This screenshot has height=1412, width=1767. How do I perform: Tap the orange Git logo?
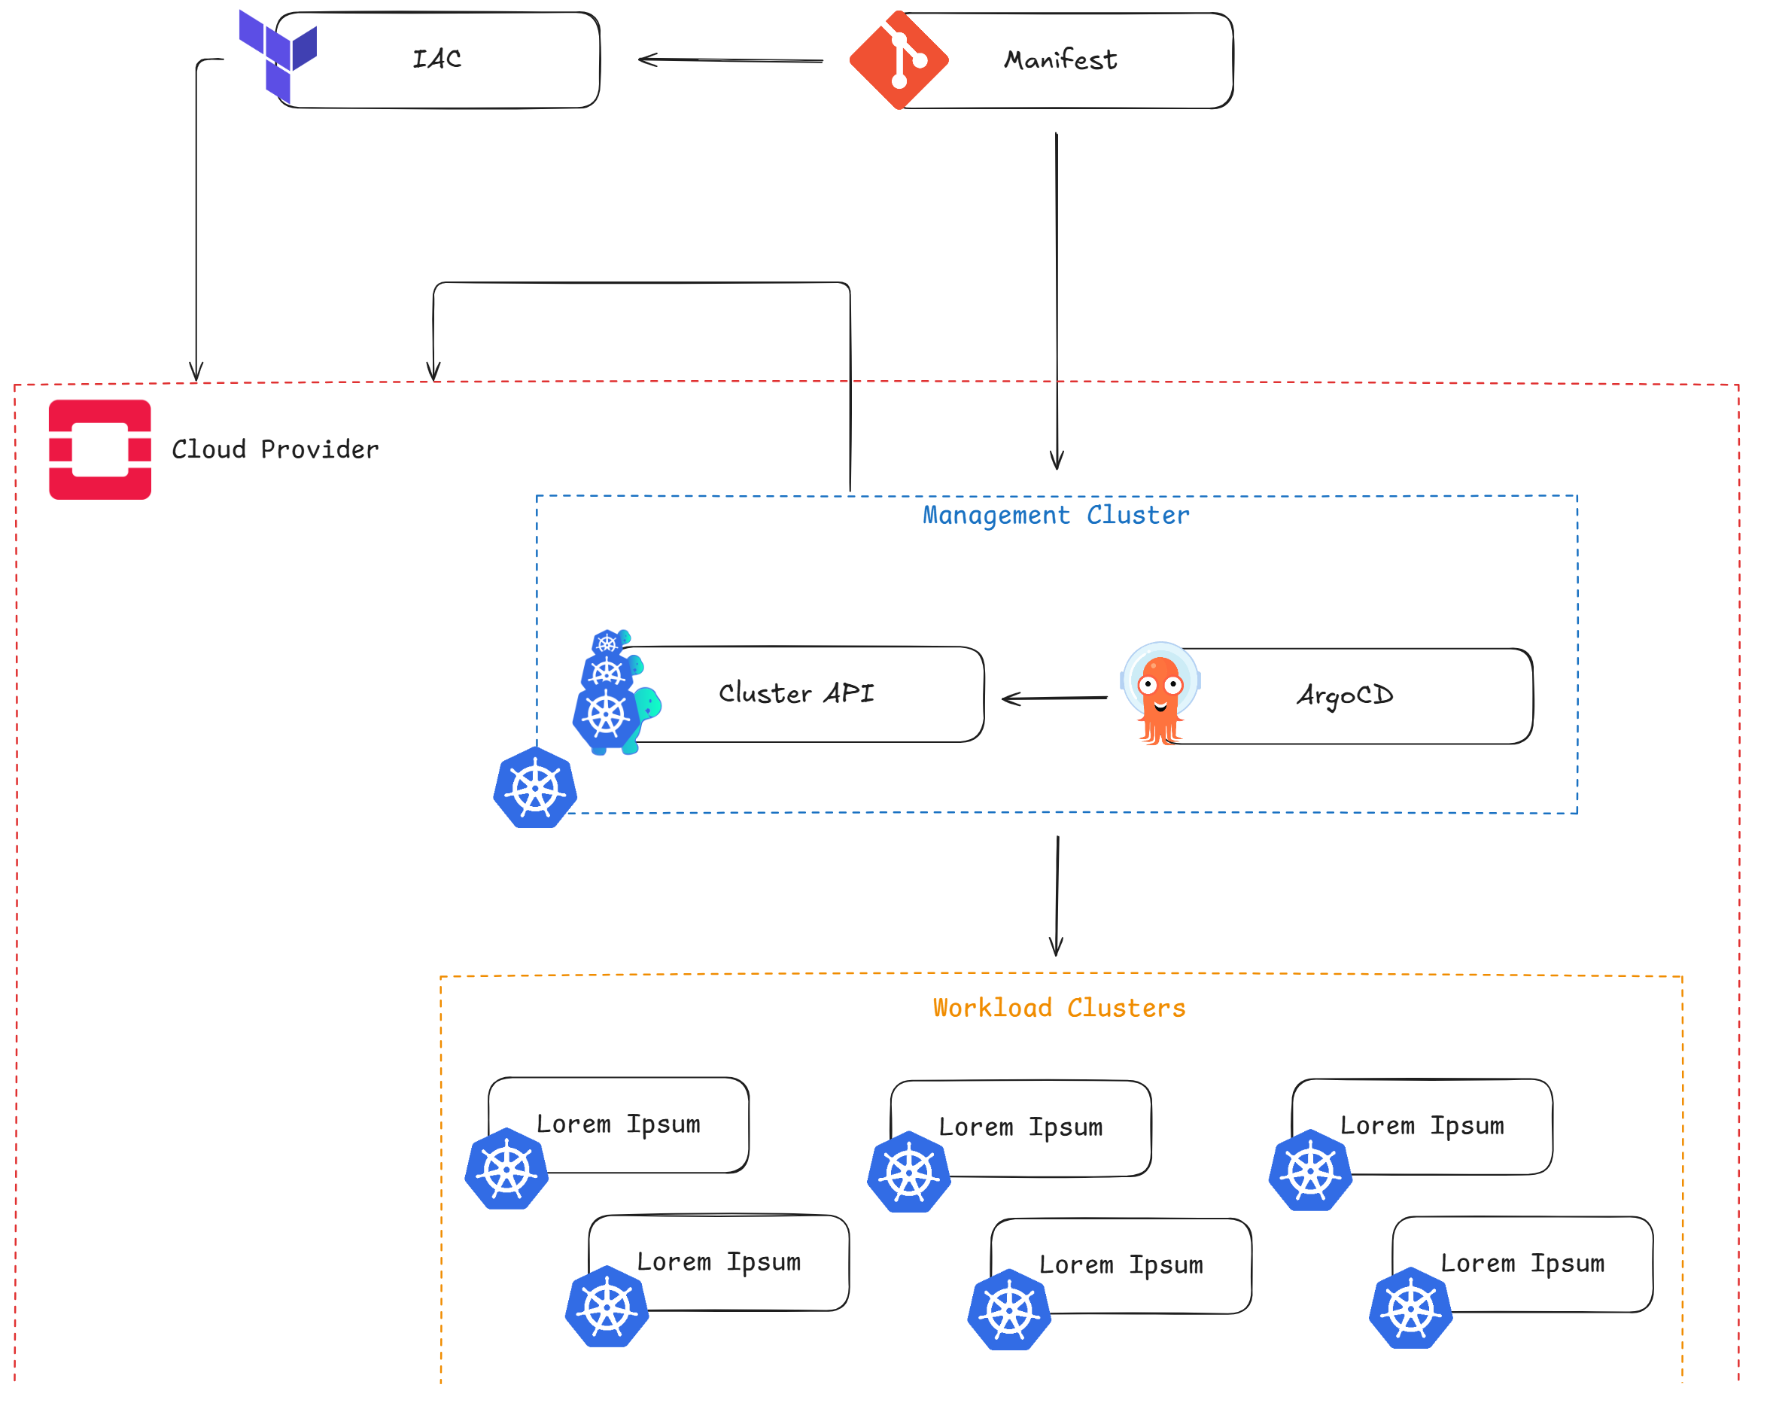[899, 59]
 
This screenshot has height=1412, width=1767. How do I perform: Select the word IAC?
[436, 59]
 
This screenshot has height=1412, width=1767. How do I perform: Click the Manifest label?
[1060, 59]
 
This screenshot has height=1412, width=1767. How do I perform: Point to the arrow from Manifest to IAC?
[730, 59]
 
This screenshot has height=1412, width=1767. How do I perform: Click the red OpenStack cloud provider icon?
[100, 450]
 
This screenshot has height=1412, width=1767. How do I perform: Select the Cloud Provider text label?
[275, 449]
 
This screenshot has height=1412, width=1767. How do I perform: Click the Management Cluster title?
[1056, 516]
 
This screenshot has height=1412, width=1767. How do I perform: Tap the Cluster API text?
[795, 693]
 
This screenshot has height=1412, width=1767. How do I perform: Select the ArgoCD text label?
[1344, 695]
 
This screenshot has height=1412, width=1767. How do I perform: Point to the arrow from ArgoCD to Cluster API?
[1055, 698]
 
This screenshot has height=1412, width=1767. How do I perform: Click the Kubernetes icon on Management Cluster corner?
[535, 787]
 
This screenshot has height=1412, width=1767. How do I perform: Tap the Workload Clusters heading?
[1059, 1008]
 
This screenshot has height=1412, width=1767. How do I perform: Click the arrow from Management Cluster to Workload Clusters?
[1057, 896]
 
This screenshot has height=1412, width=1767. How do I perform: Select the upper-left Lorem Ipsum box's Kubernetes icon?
[506, 1170]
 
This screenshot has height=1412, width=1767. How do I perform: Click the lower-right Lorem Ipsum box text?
[1522, 1264]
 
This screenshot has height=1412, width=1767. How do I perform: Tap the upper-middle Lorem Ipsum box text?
[1020, 1127]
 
